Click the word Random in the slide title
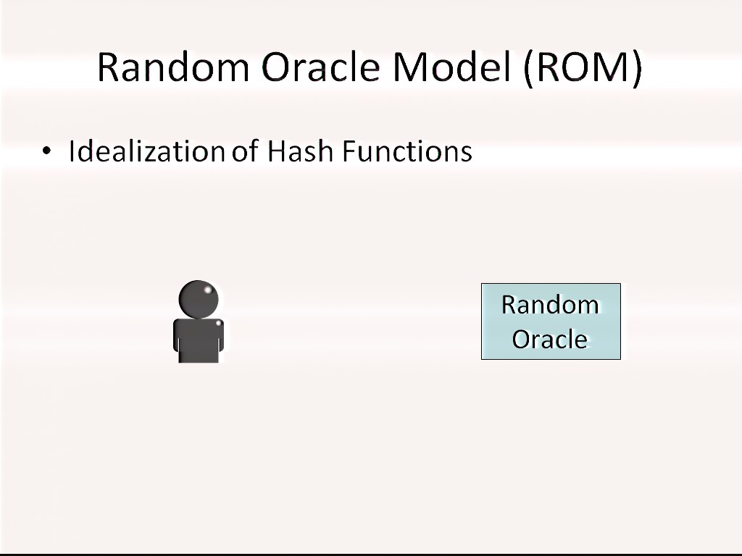tap(173, 67)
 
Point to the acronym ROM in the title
tap(583, 67)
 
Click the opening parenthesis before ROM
tap(529, 69)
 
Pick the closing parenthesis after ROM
tap(636, 69)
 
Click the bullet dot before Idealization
tap(46, 151)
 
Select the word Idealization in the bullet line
tap(146, 151)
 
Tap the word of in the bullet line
tap(245, 151)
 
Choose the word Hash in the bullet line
tap(300, 151)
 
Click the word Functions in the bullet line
tap(407, 151)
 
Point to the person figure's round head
tap(199, 300)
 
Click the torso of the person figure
tap(199, 340)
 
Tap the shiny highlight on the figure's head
tap(207, 290)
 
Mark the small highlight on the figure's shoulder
tap(219, 324)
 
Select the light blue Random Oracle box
tap(551, 321)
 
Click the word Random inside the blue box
tap(551, 305)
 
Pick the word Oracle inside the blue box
tap(550, 340)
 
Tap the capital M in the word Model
tap(411, 67)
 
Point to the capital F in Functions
tap(349, 151)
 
